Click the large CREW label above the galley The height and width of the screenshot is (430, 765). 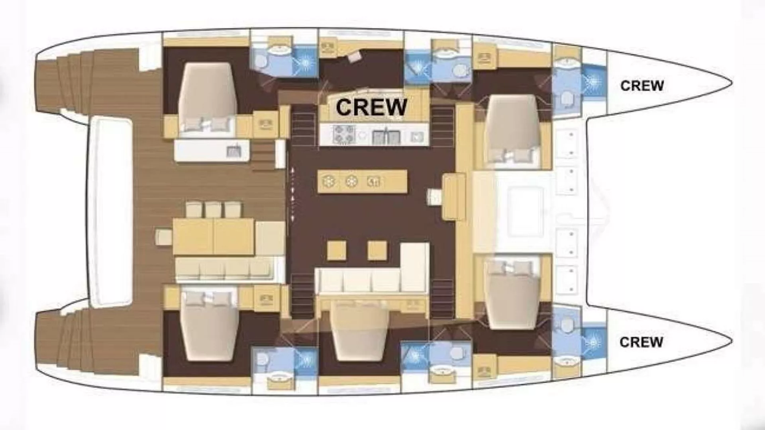coord(371,107)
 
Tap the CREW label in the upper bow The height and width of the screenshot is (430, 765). coord(642,86)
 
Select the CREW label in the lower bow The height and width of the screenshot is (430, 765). coord(641,342)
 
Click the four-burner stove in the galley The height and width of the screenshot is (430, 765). coord(344,134)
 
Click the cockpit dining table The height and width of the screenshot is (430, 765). coord(214,236)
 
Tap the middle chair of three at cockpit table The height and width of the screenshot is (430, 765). coord(214,209)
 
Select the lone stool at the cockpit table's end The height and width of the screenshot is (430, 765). coord(163,237)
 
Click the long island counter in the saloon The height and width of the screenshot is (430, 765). coord(362,182)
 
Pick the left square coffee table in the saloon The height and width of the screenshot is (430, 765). coord(337,251)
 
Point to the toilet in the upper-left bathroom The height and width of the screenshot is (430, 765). coord(261,61)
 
